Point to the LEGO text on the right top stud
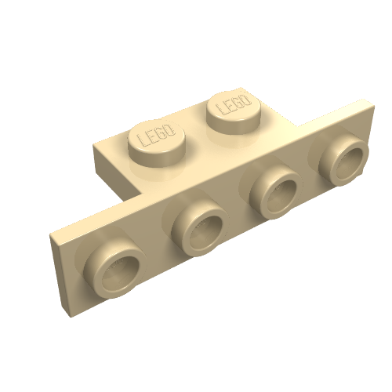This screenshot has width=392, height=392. click(x=233, y=104)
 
